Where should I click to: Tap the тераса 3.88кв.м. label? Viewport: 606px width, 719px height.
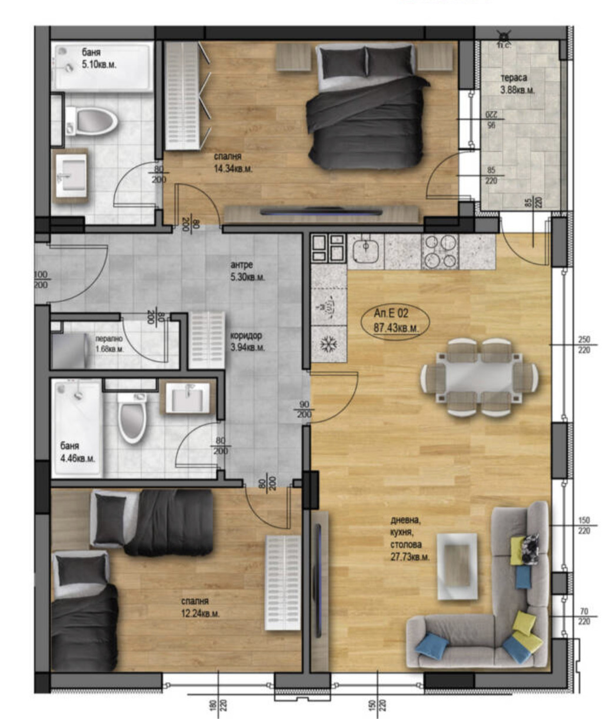click(517, 84)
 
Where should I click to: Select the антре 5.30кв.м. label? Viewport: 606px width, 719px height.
click(247, 271)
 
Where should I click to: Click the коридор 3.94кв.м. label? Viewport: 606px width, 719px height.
click(247, 341)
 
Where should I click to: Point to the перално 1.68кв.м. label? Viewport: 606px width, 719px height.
click(109, 344)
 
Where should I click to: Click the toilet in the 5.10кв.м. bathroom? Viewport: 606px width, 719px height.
click(91, 121)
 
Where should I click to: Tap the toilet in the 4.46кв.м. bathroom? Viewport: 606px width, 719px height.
click(132, 417)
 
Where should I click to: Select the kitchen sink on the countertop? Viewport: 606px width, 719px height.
click(367, 251)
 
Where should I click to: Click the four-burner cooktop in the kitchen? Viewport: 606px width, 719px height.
click(441, 251)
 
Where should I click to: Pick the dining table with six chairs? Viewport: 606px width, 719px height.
click(479, 377)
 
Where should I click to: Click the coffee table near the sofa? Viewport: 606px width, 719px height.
click(457, 565)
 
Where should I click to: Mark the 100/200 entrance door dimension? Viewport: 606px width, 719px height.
click(42, 280)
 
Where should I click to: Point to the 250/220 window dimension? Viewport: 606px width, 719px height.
click(584, 344)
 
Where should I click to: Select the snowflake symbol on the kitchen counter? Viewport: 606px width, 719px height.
click(328, 344)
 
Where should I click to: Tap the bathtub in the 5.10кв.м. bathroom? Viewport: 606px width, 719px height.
click(102, 66)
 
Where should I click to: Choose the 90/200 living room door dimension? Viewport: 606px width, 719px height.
click(304, 410)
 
